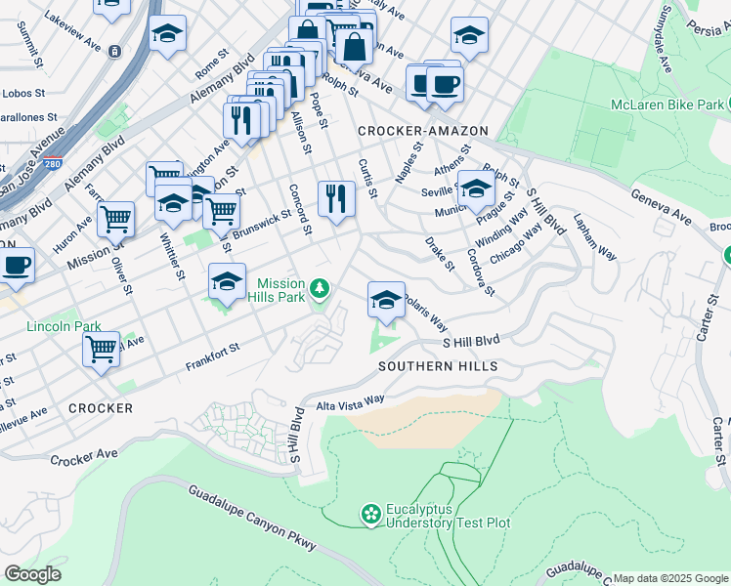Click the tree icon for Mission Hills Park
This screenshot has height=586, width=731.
click(x=320, y=288)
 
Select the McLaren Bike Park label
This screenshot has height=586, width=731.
click(x=667, y=105)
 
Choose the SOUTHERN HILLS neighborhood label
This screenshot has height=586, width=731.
click(x=439, y=366)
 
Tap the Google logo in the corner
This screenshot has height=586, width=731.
click(x=32, y=574)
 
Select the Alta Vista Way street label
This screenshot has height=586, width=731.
click(x=349, y=402)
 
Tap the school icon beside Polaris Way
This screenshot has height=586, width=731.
click(x=386, y=298)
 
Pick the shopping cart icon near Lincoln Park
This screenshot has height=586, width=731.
click(x=101, y=348)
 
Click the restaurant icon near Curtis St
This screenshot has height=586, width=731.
click(x=336, y=198)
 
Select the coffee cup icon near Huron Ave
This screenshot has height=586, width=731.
click(x=16, y=265)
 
